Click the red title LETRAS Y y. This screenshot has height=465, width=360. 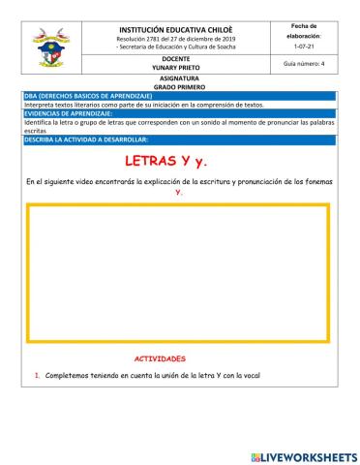[180, 161]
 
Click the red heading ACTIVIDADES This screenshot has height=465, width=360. [159, 358]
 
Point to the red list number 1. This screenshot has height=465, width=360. [37, 376]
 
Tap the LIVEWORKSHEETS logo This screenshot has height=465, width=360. [303, 456]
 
